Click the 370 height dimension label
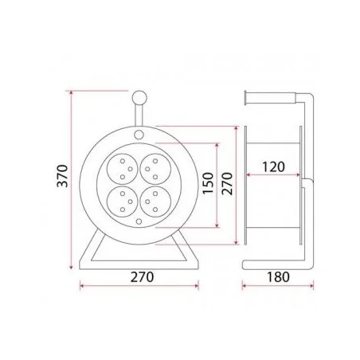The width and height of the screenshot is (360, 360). (x=63, y=176)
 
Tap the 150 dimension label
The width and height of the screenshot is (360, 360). (x=208, y=183)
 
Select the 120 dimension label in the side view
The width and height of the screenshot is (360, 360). (x=273, y=167)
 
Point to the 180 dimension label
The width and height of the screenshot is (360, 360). (x=278, y=277)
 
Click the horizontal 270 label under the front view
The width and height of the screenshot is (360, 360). (x=142, y=277)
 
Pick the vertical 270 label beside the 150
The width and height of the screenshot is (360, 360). (x=227, y=184)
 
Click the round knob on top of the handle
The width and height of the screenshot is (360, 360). (x=139, y=98)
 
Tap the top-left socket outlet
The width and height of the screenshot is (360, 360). (x=122, y=169)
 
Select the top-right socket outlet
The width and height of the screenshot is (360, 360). (x=155, y=169)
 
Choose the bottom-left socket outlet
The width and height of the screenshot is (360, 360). (x=122, y=202)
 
